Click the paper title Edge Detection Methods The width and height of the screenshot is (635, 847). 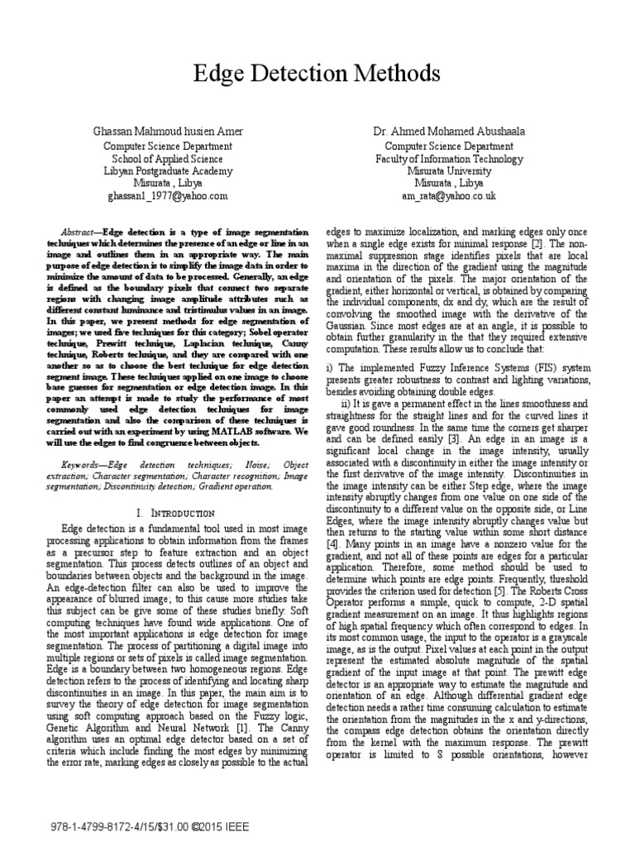(x=317, y=74)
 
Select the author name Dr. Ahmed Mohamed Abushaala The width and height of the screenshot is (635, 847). (x=449, y=132)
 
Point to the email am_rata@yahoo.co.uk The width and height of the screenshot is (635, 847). (x=449, y=196)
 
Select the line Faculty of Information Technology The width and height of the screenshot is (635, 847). (x=449, y=158)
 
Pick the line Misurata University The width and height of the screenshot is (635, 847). (x=449, y=170)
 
